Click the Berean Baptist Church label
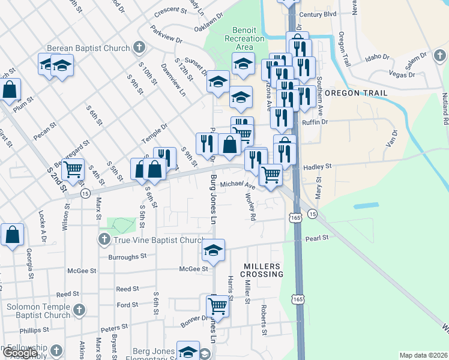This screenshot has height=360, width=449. point(95,48)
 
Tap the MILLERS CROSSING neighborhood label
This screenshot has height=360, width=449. point(262,270)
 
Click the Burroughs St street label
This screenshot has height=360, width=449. point(127,256)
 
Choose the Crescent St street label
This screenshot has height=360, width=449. point(170,10)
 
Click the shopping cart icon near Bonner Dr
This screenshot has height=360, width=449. point(218,306)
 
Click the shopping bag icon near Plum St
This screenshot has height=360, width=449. point(10,90)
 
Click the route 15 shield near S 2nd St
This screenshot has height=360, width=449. point(85,193)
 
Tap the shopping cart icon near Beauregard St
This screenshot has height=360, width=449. point(73,170)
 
